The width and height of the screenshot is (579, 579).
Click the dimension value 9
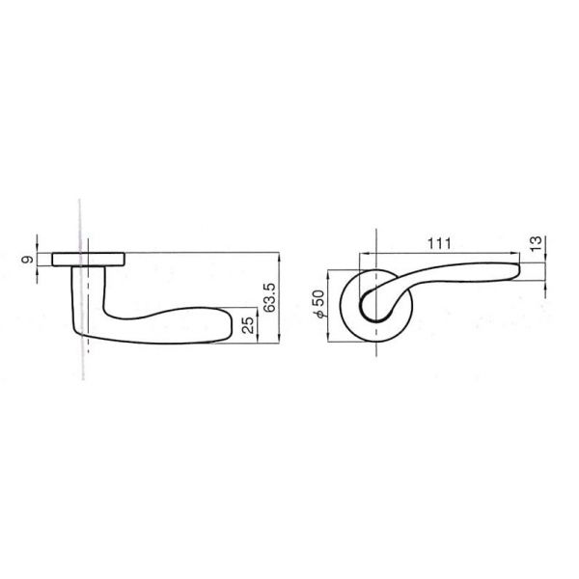click(x=27, y=260)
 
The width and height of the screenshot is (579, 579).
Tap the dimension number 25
click(x=250, y=325)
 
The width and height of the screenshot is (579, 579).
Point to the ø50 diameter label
click(x=318, y=304)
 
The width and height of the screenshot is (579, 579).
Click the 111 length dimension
click(x=439, y=244)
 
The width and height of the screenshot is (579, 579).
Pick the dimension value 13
click(x=536, y=243)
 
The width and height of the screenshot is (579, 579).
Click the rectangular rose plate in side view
click(x=88, y=260)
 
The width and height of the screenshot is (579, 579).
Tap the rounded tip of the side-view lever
click(x=228, y=324)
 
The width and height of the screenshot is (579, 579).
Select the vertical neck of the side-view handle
click(x=88, y=295)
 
